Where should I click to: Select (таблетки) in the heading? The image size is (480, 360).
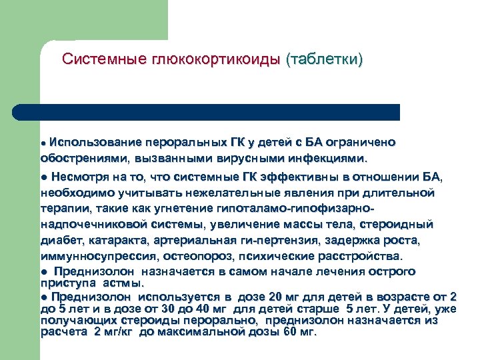pos(324,59)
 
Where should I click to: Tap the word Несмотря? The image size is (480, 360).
pos(79,177)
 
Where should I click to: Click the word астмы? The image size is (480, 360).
pos(124,282)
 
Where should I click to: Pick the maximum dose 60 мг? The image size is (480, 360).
pos(300,331)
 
